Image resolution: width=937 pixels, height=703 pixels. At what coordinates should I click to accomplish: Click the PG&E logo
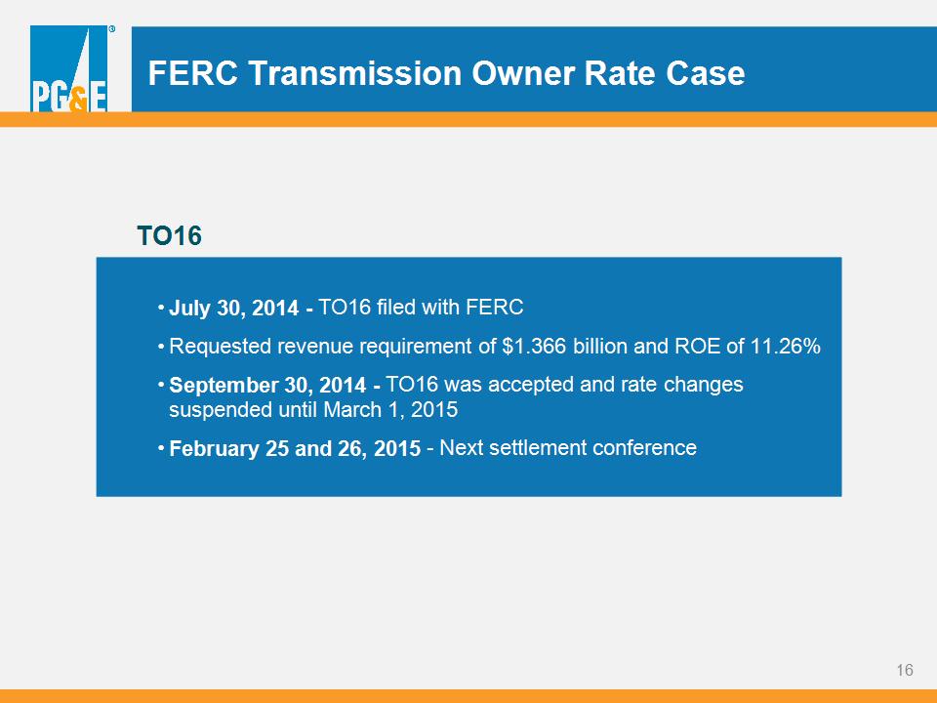point(68,68)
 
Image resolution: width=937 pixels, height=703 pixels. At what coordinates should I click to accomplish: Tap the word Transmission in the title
point(355,73)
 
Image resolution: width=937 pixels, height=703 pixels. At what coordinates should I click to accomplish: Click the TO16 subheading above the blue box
point(169,235)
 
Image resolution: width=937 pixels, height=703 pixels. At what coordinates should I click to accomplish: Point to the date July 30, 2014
point(233,308)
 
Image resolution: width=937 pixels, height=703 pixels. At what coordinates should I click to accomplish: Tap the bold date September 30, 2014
point(267,385)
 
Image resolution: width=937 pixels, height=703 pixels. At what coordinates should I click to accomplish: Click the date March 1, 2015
point(390,410)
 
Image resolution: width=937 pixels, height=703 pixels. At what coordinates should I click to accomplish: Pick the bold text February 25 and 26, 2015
point(295,448)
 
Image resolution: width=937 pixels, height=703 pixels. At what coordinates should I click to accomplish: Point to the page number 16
point(905,670)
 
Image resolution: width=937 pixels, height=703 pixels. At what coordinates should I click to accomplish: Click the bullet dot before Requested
point(161,346)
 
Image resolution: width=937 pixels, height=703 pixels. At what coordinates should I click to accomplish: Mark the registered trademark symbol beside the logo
point(111,28)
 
